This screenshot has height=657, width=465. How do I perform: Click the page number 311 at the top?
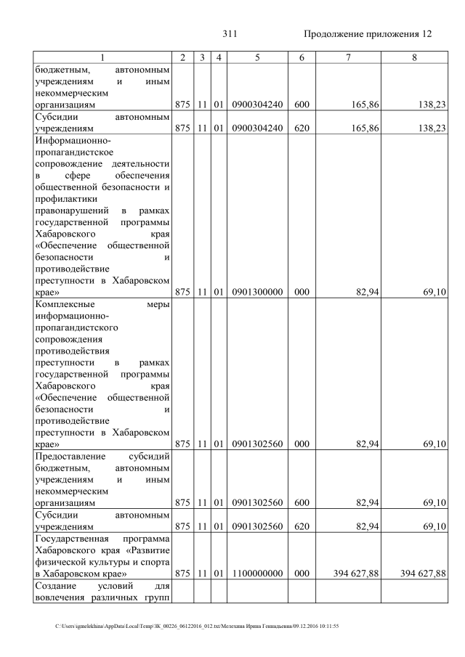[230, 34]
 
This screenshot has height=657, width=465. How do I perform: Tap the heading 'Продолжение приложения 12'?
[367, 34]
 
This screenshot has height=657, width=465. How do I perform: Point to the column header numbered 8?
[413, 57]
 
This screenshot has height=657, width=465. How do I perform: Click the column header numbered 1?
[102, 57]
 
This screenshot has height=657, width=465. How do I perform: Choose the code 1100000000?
[257, 574]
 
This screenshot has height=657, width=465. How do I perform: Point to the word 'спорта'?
[155, 561]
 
